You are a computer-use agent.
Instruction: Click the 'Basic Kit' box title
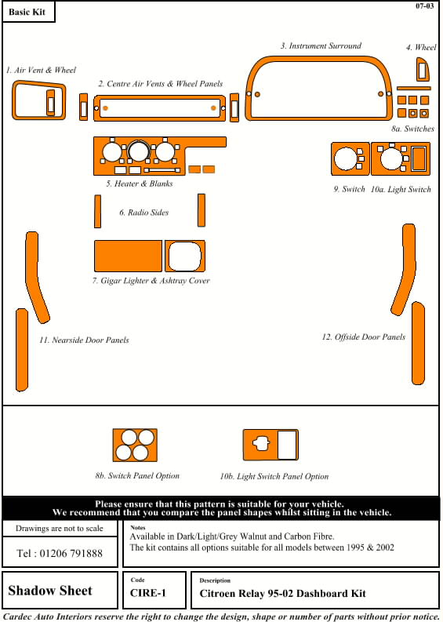click(x=27, y=12)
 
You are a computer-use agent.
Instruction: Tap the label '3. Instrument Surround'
click(x=321, y=46)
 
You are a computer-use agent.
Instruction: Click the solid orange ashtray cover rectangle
click(x=128, y=256)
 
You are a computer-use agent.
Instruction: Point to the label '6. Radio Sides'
click(x=144, y=213)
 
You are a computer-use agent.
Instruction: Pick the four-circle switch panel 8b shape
click(x=135, y=445)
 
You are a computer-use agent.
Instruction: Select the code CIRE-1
click(x=148, y=594)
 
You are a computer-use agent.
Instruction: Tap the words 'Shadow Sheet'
click(x=50, y=591)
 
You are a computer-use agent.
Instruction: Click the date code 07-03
click(x=424, y=6)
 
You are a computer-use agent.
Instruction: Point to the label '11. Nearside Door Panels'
click(x=84, y=340)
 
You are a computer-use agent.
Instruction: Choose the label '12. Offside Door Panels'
click(x=364, y=336)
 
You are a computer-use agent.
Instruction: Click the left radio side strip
click(x=97, y=211)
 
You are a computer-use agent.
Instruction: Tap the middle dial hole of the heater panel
click(x=139, y=152)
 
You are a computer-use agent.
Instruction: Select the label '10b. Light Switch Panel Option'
click(x=274, y=476)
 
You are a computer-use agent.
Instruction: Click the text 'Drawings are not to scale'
click(x=59, y=529)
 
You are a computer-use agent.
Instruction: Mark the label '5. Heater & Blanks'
click(x=140, y=184)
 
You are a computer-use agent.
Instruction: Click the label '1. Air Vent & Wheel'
click(x=41, y=71)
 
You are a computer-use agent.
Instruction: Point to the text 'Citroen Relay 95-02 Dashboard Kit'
click(x=282, y=594)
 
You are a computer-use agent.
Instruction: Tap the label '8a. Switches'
click(x=412, y=129)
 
